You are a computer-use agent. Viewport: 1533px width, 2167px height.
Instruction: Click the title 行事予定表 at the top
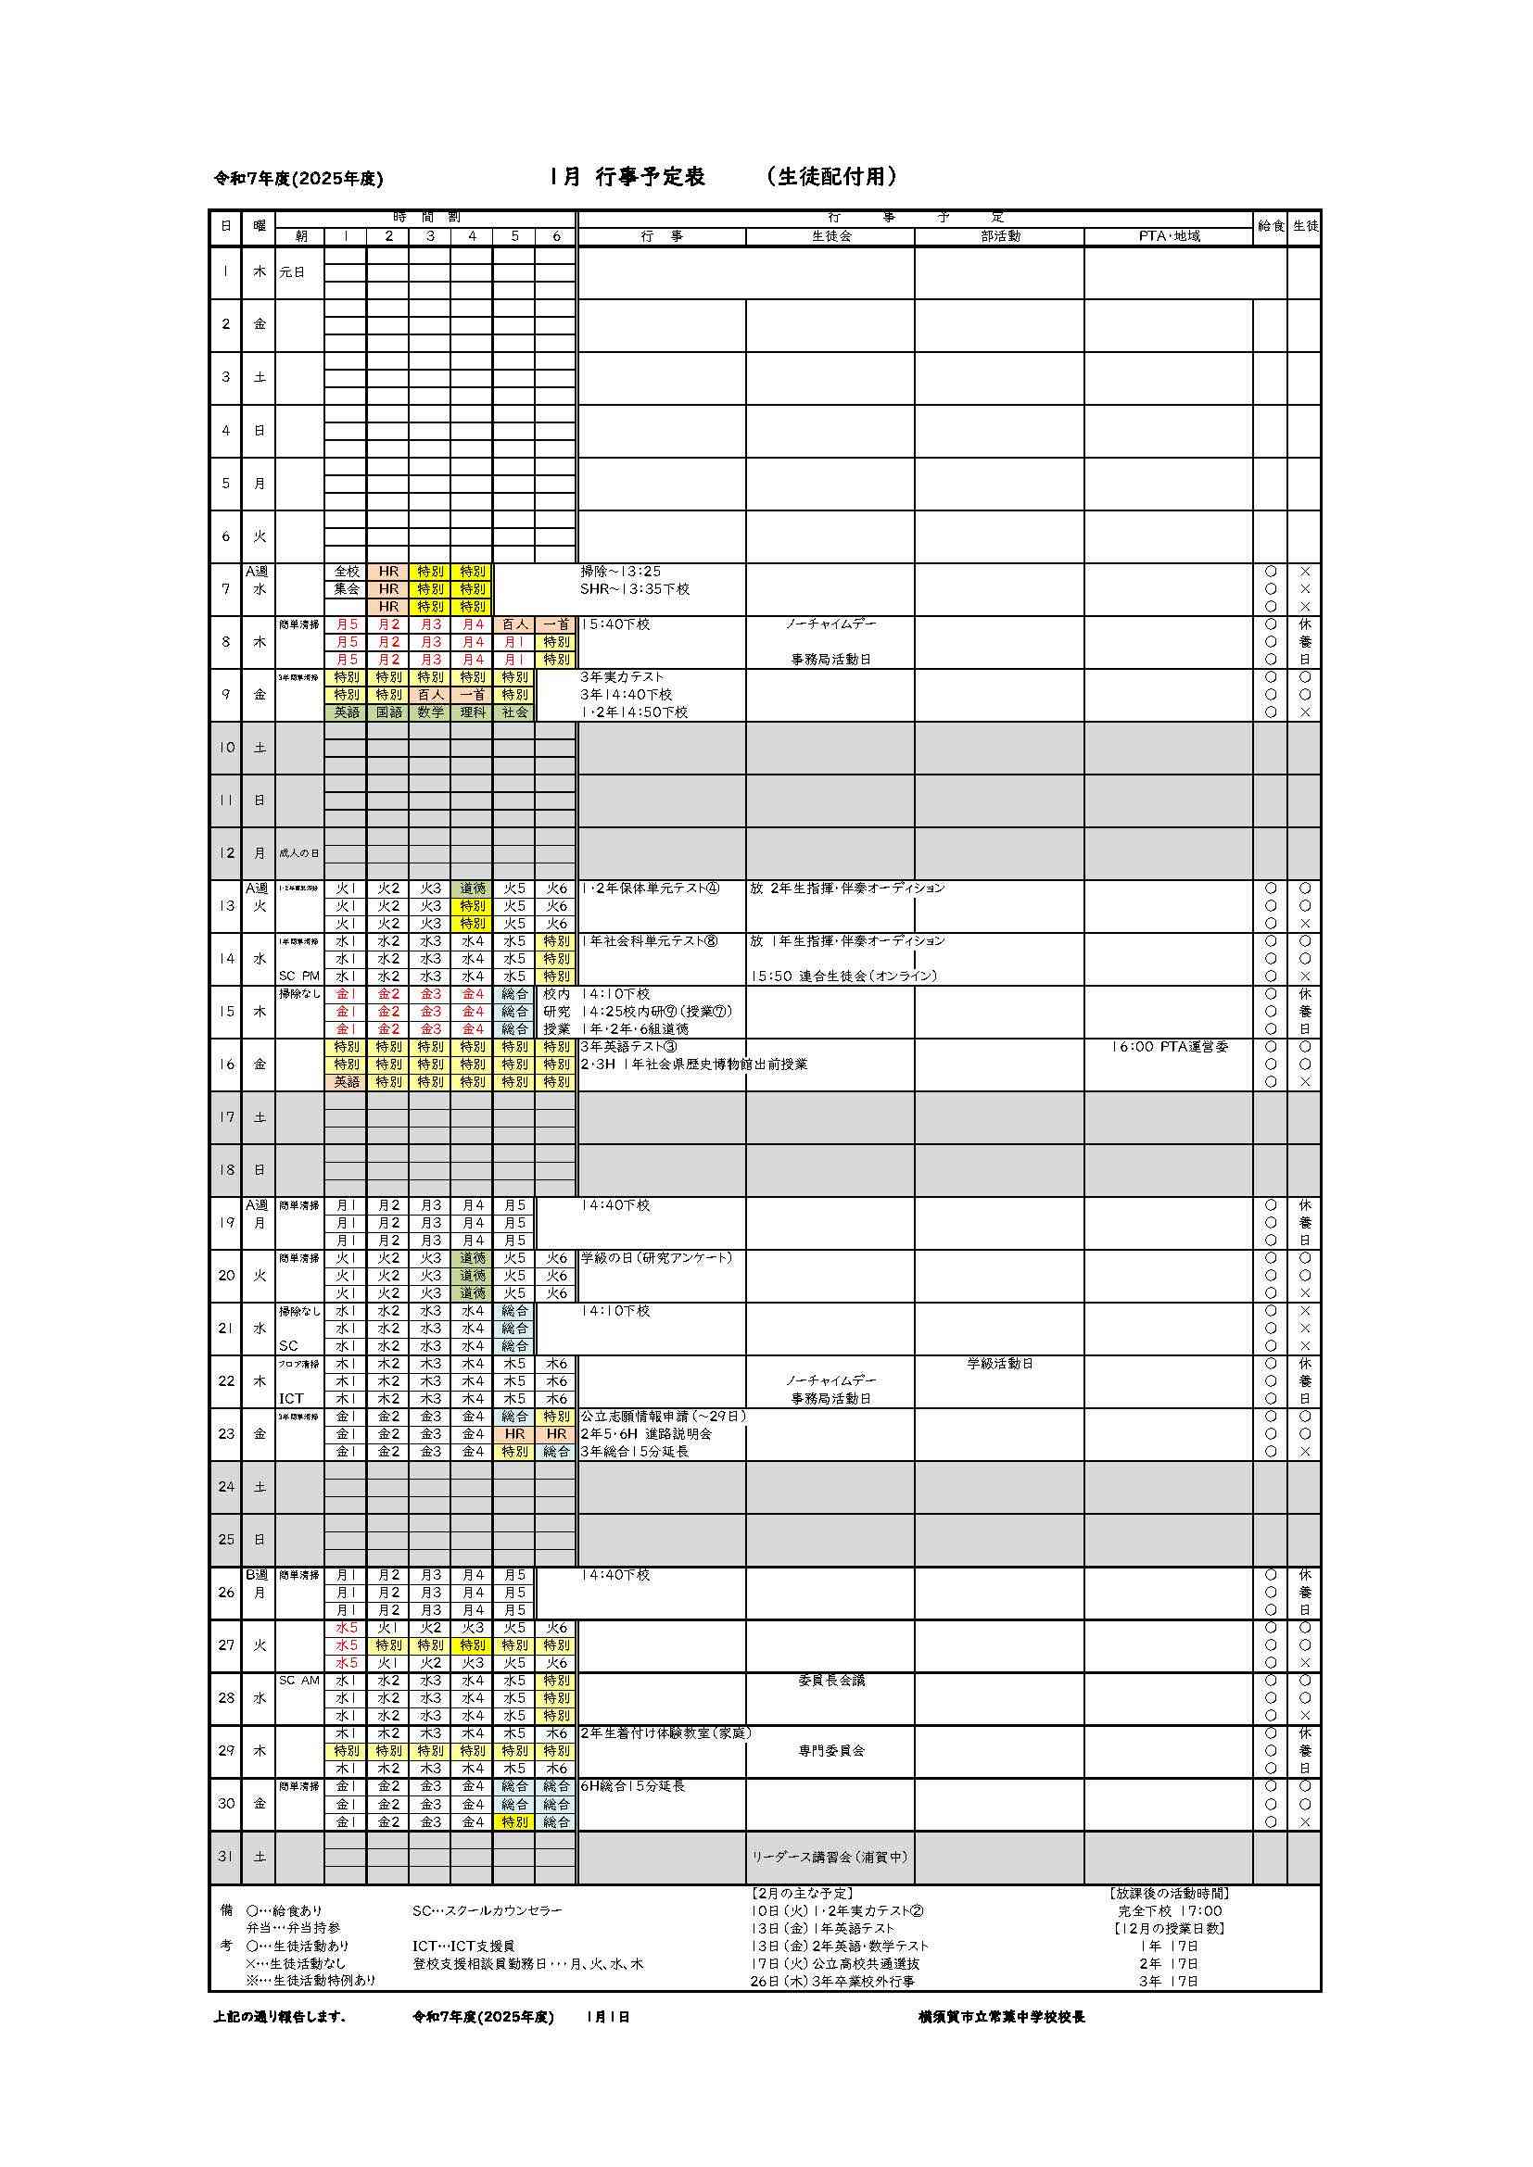[651, 178]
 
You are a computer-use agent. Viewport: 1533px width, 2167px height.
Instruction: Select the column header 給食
[1270, 226]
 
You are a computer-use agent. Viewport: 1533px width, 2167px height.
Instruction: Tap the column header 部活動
[999, 237]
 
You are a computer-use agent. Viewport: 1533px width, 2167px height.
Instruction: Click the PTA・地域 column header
[1169, 237]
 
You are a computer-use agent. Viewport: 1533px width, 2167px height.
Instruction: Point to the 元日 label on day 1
[293, 272]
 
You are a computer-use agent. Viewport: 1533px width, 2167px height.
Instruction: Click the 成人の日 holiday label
[298, 853]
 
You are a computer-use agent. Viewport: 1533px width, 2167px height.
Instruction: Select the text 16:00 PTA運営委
[1170, 1047]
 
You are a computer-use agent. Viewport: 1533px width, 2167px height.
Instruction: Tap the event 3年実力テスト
[622, 677]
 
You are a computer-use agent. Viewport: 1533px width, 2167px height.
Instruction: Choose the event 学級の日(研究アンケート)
[656, 1258]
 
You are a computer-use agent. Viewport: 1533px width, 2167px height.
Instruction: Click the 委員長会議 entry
[830, 1681]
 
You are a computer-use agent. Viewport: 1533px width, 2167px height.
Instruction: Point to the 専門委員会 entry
[830, 1751]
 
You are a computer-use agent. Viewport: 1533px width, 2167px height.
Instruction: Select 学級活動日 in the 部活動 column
[1000, 1364]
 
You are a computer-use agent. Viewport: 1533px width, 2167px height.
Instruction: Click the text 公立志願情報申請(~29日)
[663, 1417]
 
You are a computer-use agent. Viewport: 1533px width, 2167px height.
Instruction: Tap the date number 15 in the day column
[225, 1012]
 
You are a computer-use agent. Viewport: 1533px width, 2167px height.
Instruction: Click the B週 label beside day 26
[258, 1575]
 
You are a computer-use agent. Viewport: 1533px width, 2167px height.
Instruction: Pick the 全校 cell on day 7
[347, 572]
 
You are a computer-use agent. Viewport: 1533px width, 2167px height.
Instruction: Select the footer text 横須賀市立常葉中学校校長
[1002, 2017]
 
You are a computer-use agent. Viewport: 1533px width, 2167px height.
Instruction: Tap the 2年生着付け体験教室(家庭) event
[665, 1733]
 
